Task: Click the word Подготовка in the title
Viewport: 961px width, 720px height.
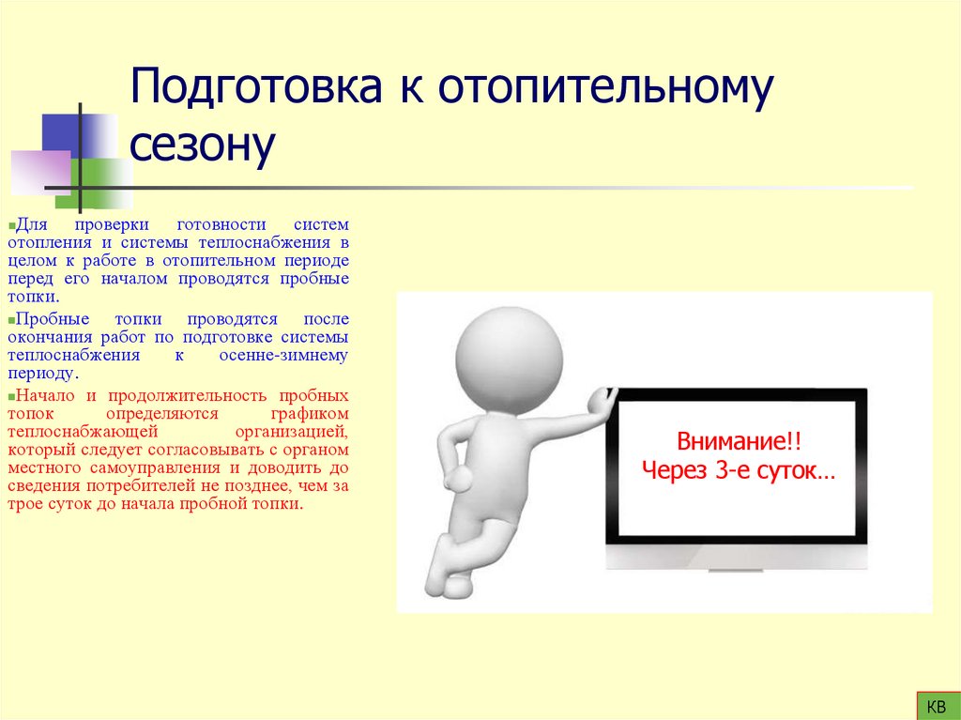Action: click(x=255, y=87)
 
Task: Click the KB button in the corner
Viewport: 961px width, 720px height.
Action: click(x=936, y=705)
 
